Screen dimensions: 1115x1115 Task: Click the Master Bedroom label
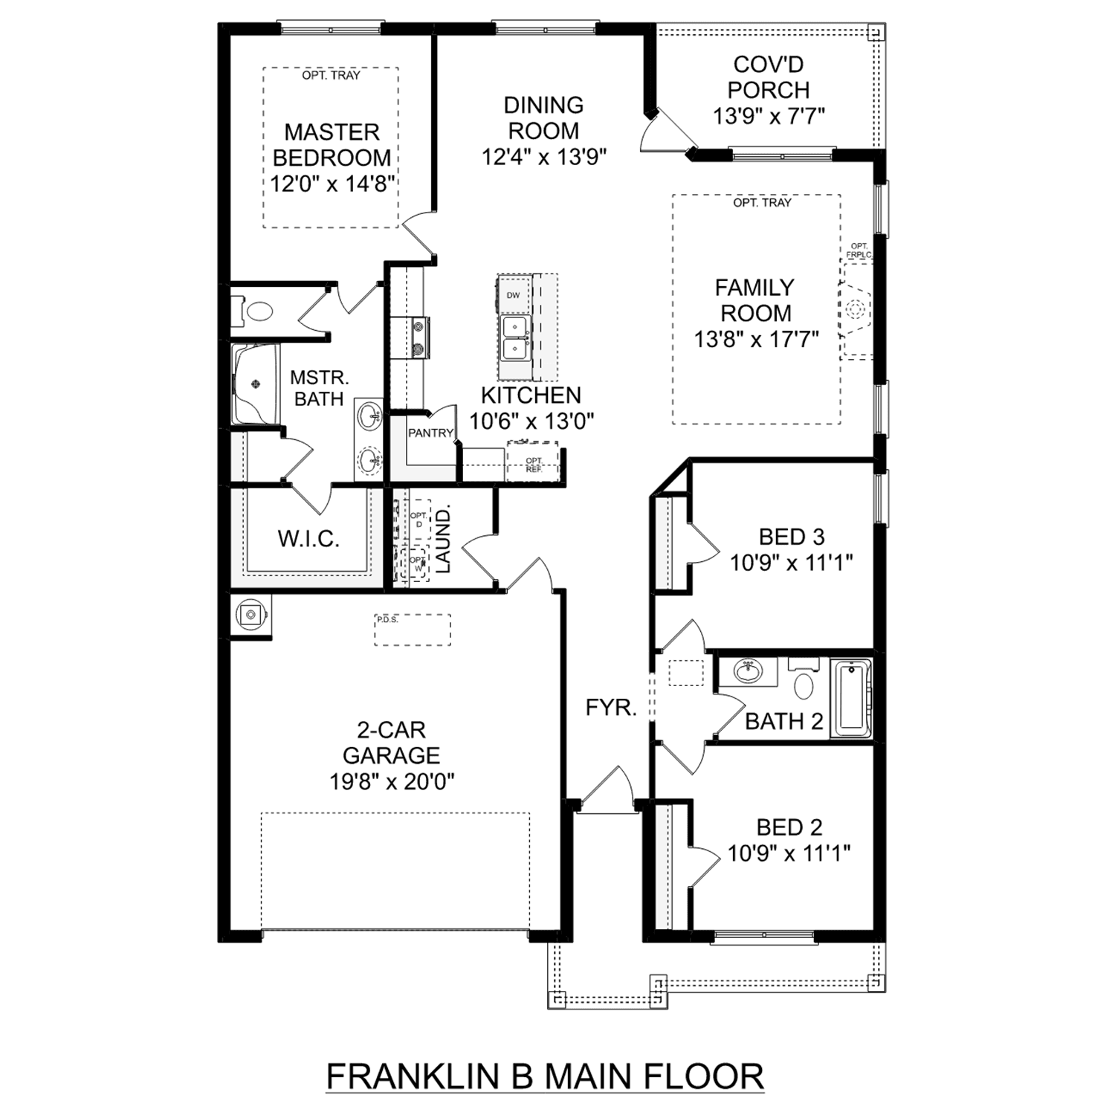point(332,145)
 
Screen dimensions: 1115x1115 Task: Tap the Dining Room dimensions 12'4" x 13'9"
point(544,157)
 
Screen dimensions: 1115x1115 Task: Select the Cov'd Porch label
point(769,77)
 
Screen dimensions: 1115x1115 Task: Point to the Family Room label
point(755,300)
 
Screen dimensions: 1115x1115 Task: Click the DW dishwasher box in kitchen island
point(514,295)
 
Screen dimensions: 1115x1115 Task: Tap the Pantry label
point(430,433)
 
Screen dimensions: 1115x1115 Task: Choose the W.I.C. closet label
point(308,539)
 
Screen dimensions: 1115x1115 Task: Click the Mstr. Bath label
point(319,388)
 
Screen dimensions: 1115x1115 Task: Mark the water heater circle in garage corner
point(251,615)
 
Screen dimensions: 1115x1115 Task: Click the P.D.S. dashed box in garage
point(413,630)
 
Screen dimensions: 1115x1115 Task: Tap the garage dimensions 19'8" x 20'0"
point(392,781)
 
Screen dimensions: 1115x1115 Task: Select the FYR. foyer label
point(611,708)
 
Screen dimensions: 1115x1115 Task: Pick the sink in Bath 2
point(747,670)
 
